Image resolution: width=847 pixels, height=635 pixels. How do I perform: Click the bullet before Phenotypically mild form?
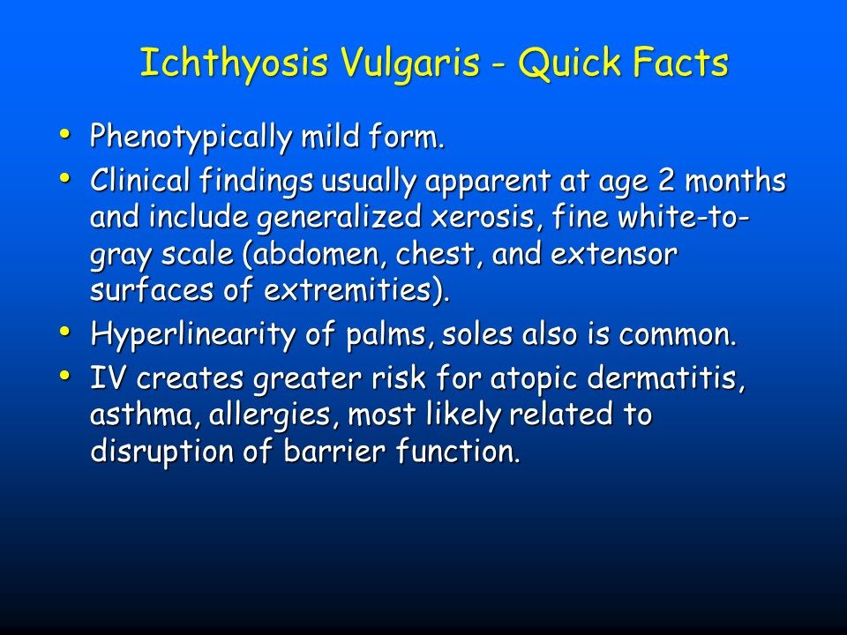(x=64, y=133)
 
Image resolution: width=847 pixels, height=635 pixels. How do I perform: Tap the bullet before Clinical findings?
(x=64, y=177)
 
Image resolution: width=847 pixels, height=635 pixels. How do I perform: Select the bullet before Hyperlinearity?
(x=64, y=331)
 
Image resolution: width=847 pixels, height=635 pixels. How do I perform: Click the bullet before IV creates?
(x=64, y=375)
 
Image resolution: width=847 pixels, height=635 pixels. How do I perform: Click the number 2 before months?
(x=666, y=180)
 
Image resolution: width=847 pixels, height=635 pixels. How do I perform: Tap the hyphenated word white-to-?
(x=684, y=217)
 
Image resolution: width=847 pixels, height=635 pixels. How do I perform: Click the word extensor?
(x=614, y=255)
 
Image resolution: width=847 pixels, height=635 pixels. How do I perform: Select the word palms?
(x=390, y=335)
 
